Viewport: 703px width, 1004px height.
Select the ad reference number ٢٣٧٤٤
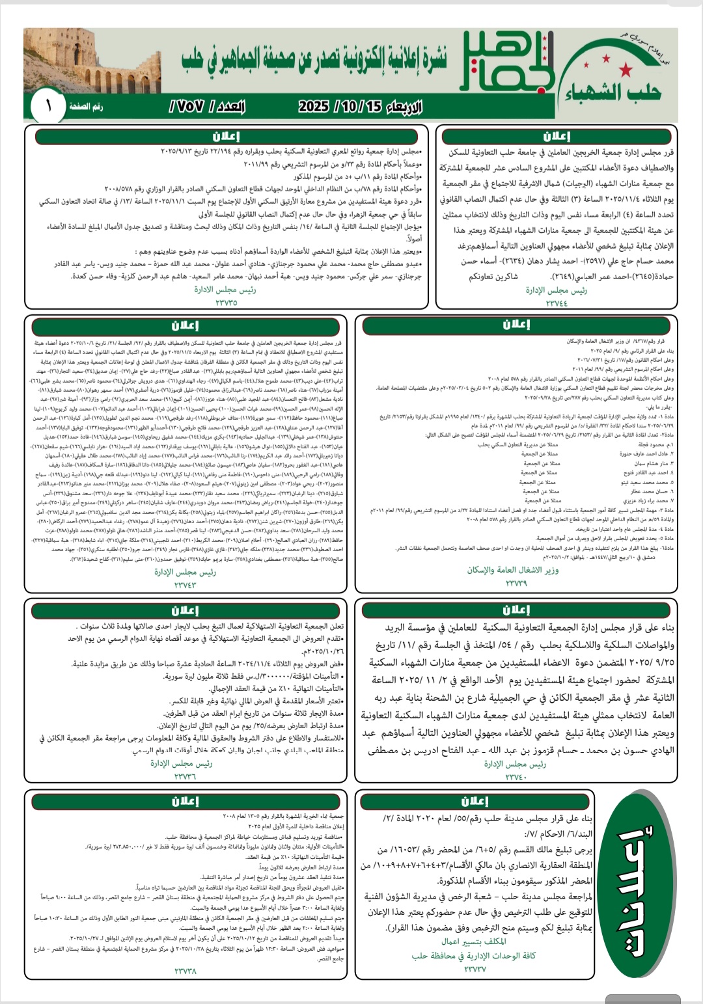(557, 302)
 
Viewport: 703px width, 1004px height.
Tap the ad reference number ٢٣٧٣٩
(516, 584)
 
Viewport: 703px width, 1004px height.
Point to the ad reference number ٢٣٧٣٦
(185, 776)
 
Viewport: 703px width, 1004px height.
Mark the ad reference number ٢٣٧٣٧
(475, 969)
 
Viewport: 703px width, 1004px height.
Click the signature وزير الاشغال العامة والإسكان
(513, 570)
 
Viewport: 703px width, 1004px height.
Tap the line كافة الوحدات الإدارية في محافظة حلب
(474, 956)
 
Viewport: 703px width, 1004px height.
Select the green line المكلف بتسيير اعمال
(474, 942)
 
